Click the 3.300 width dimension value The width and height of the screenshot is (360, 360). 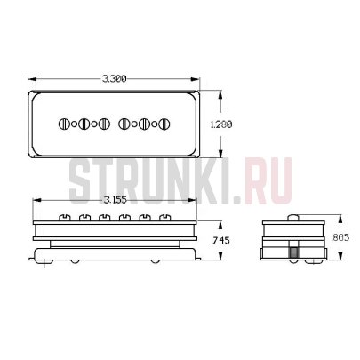pos(115,79)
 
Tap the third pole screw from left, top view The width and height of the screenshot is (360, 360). pos(104,124)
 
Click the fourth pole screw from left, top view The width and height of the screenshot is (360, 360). pos(123,124)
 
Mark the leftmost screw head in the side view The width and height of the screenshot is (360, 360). pos(62,216)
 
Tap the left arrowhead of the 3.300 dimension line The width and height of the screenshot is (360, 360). pos(31,79)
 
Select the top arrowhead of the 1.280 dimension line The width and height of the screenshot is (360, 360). pos(221,91)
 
